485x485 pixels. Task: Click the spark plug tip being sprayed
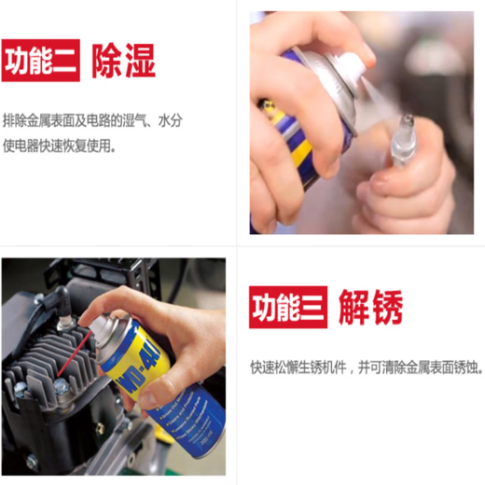pos(409,123)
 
